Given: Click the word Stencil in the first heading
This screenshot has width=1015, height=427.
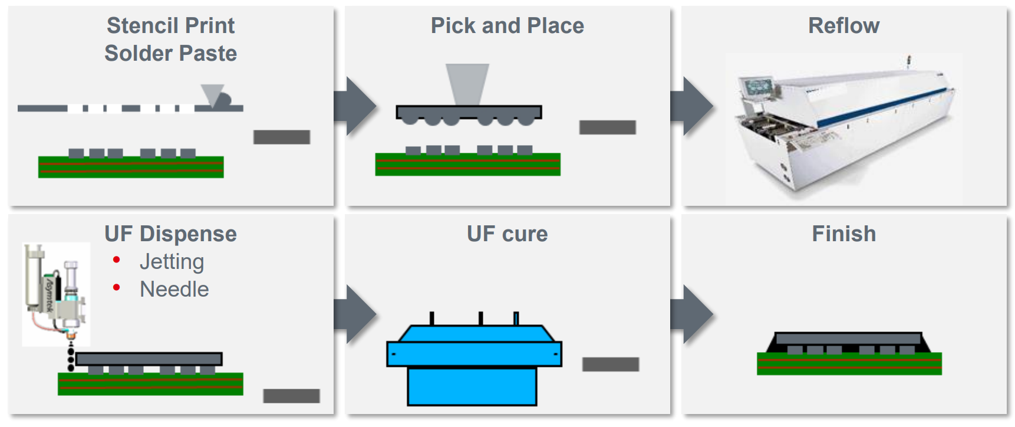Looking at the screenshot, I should (x=141, y=26).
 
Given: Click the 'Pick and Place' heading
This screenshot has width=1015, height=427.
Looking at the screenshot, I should (x=507, y=26).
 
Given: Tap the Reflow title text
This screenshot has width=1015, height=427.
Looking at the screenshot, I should (x=843, y=26).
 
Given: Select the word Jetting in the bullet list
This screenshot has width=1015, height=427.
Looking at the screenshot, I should (x=172, y=261).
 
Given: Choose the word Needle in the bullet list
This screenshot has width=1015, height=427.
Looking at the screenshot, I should (x=174, y=289).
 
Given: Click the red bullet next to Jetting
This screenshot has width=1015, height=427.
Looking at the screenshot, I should (x=117, y=260).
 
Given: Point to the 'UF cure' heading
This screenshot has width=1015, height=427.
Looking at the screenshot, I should (x=507, y=234).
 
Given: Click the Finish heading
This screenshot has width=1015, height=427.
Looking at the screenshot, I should (x=843, y=234).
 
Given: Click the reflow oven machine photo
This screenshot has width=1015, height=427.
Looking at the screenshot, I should (x=843, y=127).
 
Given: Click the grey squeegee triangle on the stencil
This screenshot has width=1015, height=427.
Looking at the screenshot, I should (x=211, y=93).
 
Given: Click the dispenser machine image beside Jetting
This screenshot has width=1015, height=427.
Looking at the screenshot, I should (x=56, y=294).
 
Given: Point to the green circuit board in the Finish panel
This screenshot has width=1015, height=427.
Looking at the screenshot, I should (x=849, y=364).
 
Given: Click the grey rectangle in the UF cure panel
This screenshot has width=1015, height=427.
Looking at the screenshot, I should (x=610, y=364).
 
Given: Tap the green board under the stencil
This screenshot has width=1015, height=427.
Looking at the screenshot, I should (x=130, y=167).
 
